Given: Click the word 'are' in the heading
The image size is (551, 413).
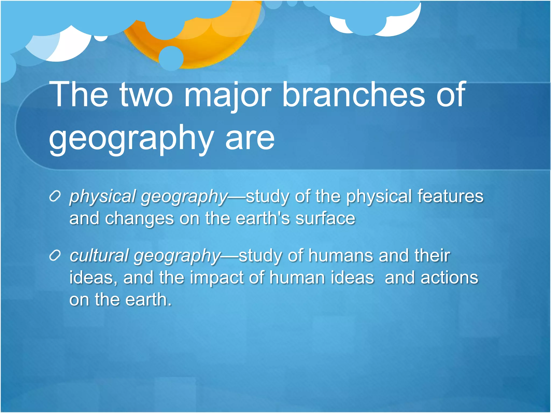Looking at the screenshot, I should click(250, 138).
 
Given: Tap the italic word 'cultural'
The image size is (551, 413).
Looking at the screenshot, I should click(99, 256).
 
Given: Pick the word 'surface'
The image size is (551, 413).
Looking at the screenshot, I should click(325, 218).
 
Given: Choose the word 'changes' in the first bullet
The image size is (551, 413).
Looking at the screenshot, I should click(139, 219).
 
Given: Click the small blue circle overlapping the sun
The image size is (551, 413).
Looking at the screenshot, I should click(171, 58).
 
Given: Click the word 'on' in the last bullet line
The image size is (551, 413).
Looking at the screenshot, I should click(79, 300).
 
